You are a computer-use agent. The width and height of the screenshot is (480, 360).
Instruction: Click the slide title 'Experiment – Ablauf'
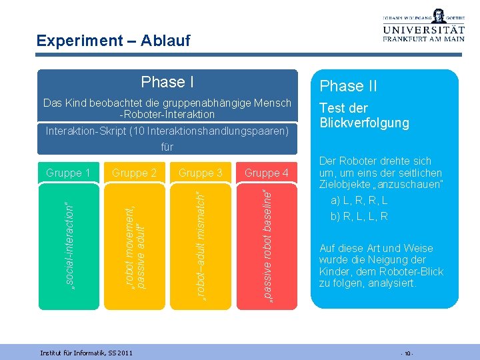113,41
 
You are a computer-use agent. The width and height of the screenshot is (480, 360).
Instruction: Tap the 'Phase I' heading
167,82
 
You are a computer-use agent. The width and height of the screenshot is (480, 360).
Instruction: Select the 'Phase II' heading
348,86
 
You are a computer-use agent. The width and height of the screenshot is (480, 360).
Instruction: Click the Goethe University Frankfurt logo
423,26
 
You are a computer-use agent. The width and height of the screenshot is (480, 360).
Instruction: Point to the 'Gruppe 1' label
68,173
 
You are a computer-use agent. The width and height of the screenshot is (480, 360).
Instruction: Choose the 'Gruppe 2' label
134,173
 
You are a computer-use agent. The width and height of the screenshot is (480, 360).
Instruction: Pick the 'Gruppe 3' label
200,173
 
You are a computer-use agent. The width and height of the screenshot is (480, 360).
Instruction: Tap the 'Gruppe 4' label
266,173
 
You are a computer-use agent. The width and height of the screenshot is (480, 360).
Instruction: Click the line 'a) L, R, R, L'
359,200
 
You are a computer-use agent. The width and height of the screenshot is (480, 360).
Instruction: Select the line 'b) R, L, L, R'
359,216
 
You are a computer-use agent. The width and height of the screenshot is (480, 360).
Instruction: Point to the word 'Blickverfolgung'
364,123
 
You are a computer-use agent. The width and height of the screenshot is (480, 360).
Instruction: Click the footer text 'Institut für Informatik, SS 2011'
86,352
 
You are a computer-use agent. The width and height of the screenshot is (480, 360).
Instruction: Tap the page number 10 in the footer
406,352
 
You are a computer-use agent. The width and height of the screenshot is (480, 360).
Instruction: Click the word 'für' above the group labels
167,147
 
